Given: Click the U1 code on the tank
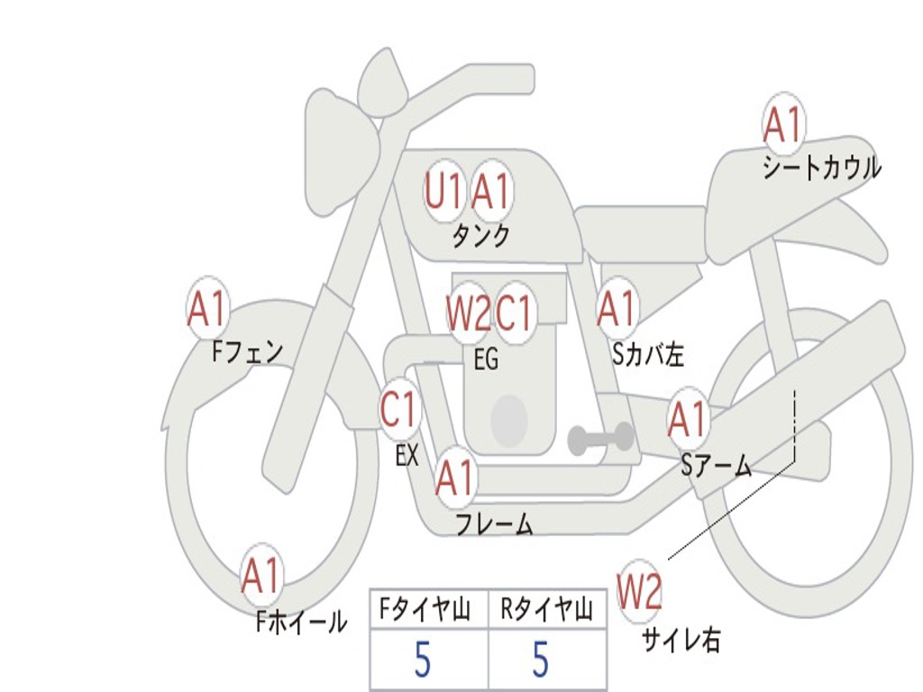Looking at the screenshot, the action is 443,191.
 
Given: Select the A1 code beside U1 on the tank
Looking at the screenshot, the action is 491,191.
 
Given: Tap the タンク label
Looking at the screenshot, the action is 480,236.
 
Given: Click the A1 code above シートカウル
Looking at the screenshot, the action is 782,125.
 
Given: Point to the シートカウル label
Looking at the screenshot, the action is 821,168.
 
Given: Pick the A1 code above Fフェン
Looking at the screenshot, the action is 207,309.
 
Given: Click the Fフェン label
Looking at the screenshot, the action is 247,351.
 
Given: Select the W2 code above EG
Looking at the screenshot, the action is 468,313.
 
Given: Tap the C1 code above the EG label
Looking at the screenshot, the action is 515,313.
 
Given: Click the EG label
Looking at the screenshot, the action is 486,359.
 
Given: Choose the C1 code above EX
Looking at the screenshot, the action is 399,411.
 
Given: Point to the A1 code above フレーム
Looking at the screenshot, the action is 455,478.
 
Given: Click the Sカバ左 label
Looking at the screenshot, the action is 648,355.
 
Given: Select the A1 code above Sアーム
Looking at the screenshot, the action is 688,420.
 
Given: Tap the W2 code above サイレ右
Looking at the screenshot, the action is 639,591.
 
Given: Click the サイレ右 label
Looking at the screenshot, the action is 681,640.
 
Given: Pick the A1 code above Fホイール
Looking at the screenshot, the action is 261,577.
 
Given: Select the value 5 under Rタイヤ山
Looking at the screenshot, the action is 540,660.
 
